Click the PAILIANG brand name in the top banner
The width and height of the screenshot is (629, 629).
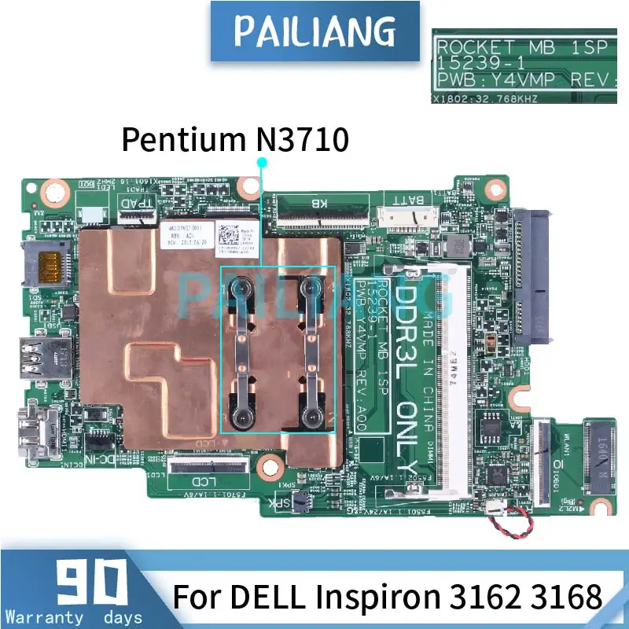coord(314,31)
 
